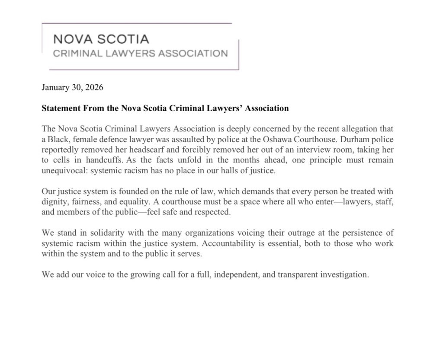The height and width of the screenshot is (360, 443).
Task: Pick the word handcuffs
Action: pyautogui.click(x=105, y=160)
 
